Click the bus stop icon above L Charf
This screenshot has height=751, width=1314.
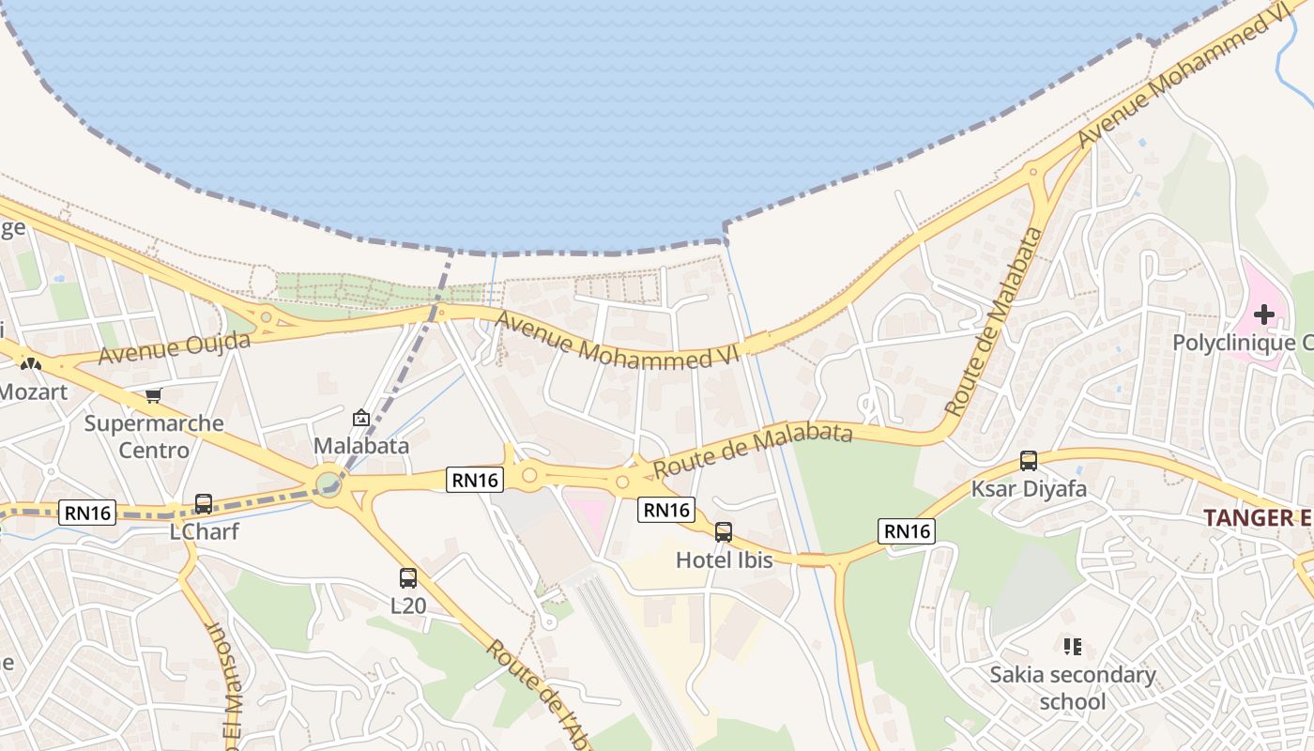[204, 504]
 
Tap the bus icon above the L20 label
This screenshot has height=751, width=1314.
[407, 578]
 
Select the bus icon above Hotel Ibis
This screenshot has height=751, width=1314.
[723, 532]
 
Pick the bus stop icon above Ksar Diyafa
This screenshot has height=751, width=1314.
[1029, 461]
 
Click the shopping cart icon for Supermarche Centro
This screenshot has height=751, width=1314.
[153, 396]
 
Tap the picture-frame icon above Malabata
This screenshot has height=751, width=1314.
[360, 418]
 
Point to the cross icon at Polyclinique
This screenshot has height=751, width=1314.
[1264, 314]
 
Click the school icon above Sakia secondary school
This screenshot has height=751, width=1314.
[1073, 647]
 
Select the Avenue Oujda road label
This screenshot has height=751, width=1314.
[175, 348]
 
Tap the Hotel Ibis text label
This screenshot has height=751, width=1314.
[725, 560]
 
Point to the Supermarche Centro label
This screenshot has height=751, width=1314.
[154, 437]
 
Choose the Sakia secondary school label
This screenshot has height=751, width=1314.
[1073, 688]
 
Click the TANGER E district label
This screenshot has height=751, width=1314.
[1258, 517]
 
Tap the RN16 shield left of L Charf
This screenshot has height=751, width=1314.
[87, 513]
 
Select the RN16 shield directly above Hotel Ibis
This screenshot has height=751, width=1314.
[666, 510]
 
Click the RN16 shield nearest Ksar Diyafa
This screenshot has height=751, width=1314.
[907, 531]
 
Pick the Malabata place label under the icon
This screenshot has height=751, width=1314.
[361, 445]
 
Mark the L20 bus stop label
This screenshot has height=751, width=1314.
[408, 605]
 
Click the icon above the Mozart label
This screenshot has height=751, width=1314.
[31, 363]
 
